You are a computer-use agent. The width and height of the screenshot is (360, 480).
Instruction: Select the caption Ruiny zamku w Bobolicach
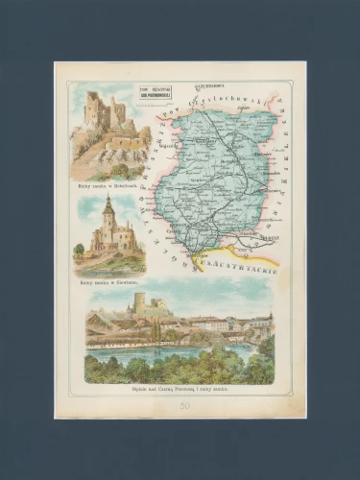(109, 182)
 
